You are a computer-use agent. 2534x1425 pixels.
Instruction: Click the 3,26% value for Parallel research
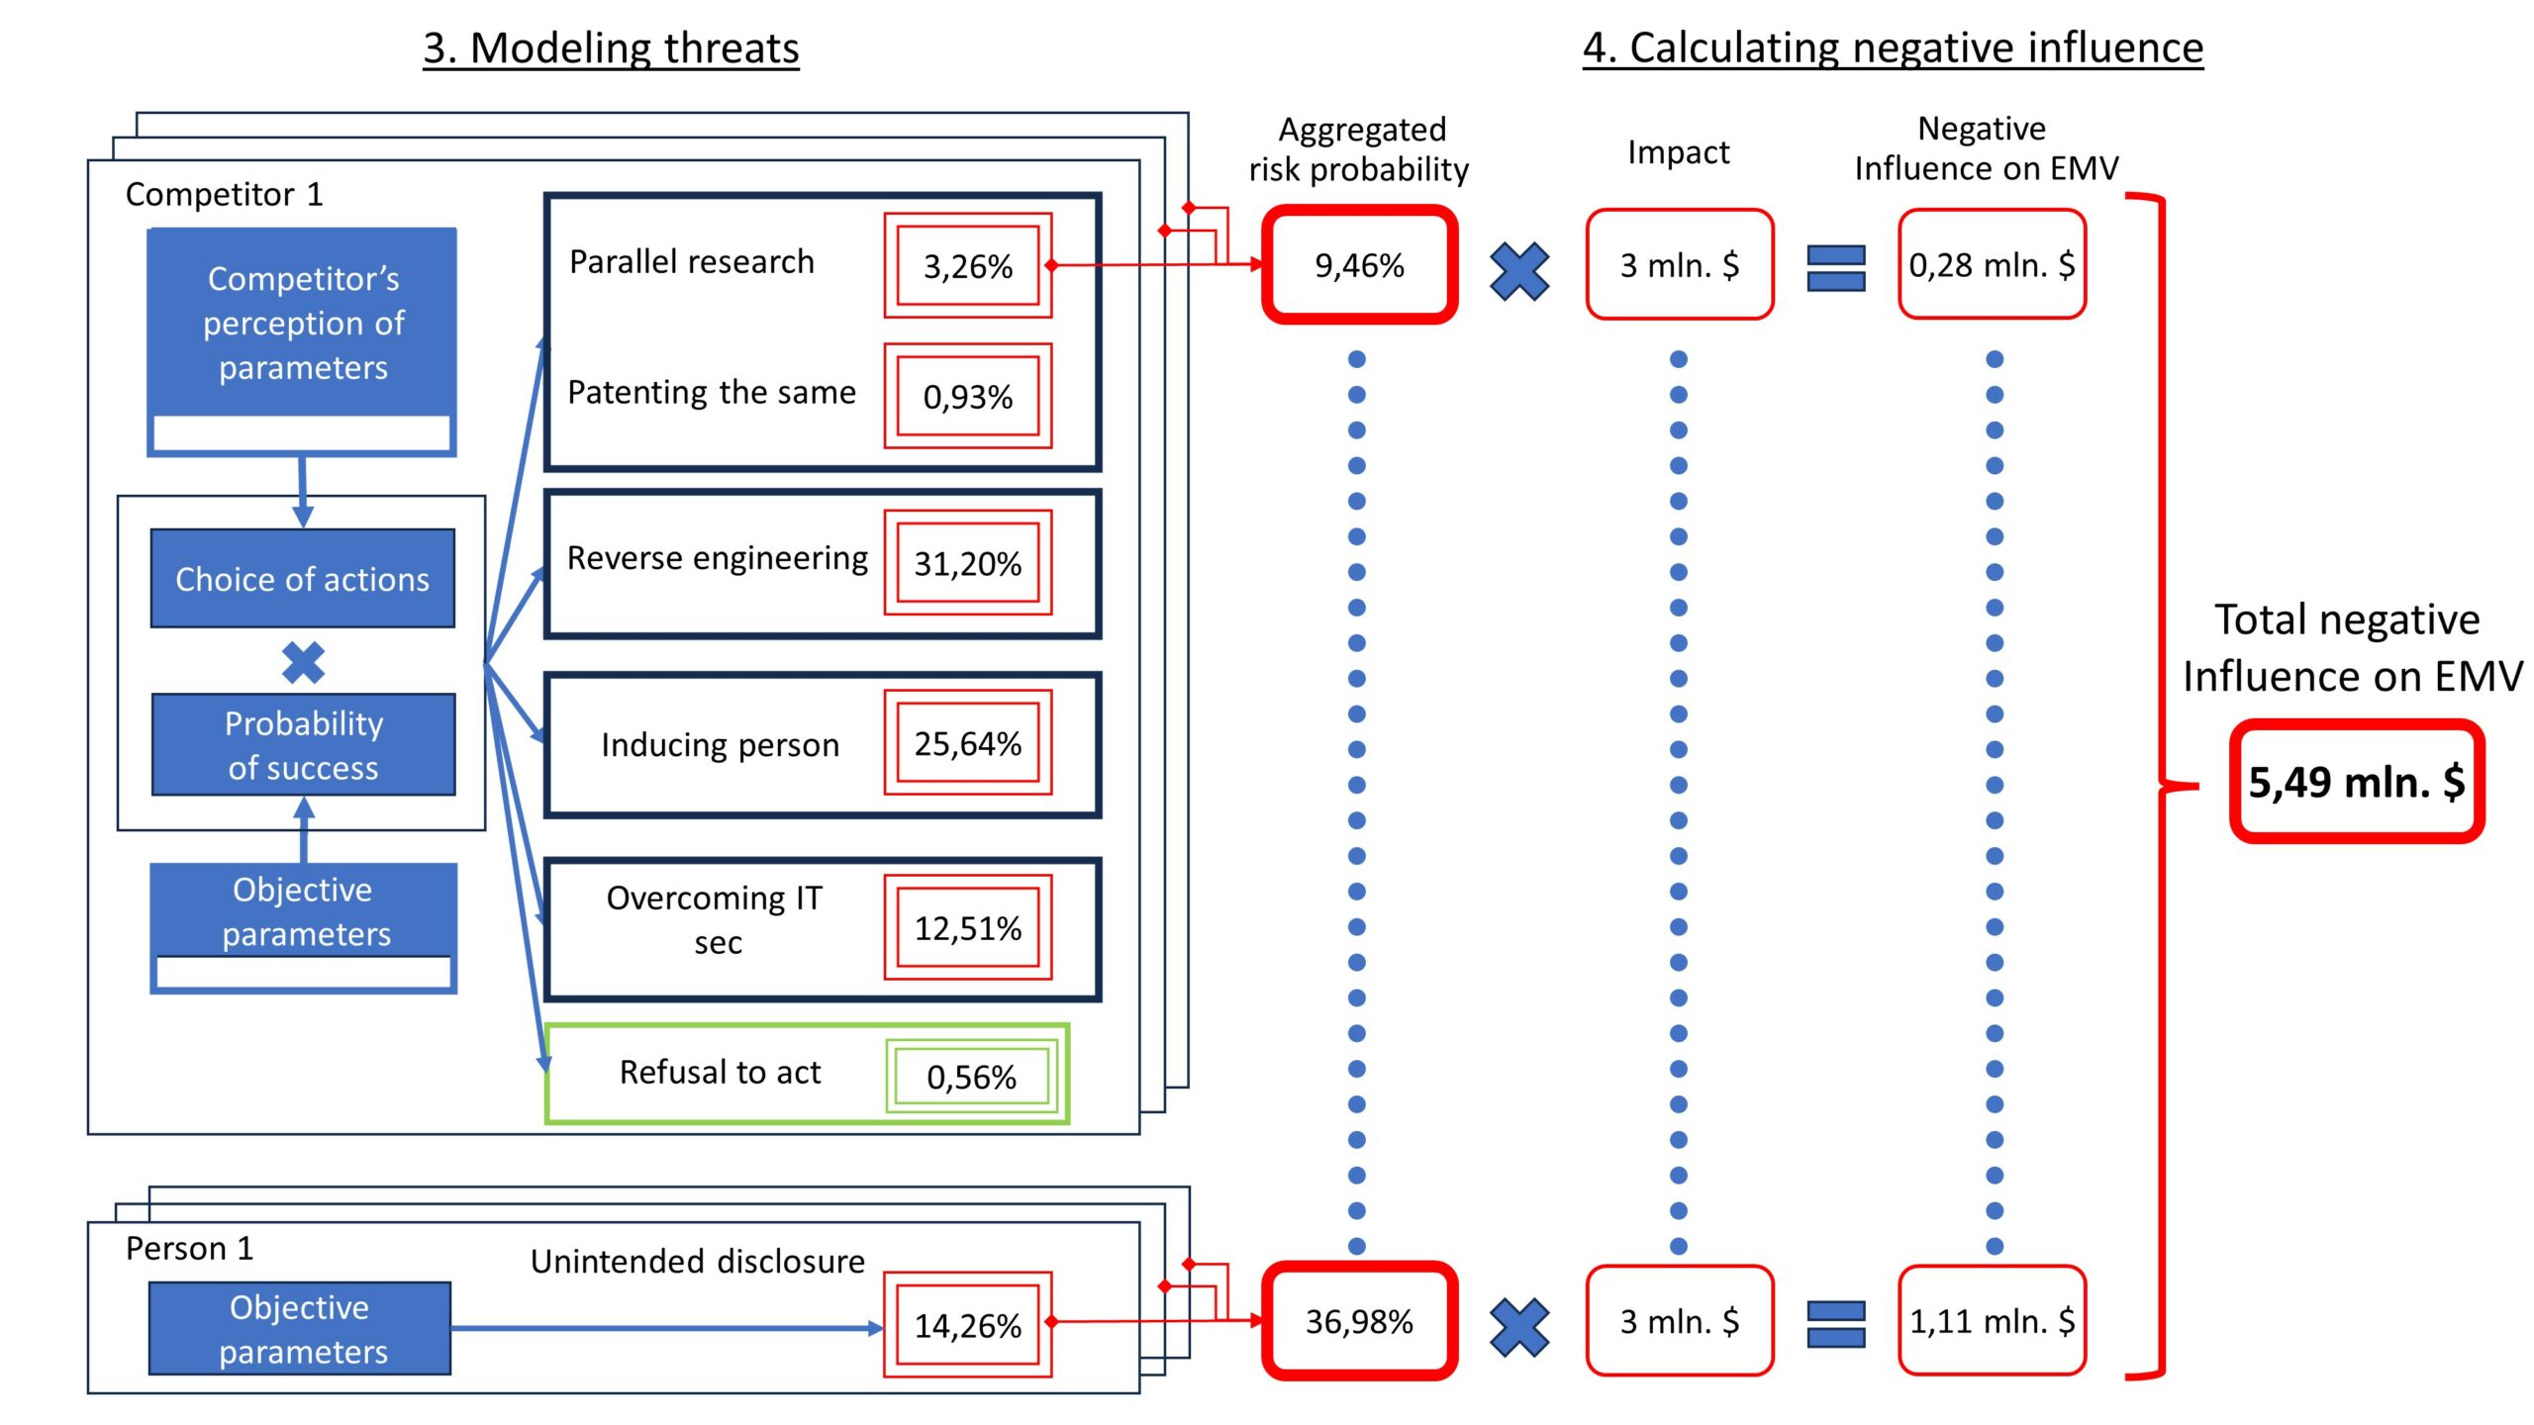pos(967,266)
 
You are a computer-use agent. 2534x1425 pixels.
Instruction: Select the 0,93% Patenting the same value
pos(967,397)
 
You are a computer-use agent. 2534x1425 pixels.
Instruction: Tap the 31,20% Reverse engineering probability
pos(967,563)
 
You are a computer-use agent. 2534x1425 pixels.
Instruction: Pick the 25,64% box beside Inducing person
pos(967,743)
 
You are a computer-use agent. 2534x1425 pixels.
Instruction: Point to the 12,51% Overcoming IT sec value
pos(967,928)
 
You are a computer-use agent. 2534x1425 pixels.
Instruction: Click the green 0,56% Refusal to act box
pos(971,1077)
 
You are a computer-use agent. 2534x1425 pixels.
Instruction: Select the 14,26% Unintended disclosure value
pos(967,1325)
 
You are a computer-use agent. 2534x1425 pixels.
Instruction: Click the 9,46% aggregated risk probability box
pos(1359,265)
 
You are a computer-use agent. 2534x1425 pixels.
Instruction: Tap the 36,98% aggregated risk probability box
pos(1359,1321)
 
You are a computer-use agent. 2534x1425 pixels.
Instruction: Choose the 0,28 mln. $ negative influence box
pos(1992,265)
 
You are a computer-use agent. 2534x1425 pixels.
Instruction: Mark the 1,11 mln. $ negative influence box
pos(1992,1321)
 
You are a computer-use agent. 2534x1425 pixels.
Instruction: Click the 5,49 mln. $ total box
pos(2356,782)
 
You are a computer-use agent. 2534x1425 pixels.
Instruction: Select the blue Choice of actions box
pos(303,579)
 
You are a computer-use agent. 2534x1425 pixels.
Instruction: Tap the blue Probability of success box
pos(303,745)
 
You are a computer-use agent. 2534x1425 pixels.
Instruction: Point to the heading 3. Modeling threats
pos(611,47)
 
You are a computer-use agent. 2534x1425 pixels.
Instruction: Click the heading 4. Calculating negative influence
pos(1892,47)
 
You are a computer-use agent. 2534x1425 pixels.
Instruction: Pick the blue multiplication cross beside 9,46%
pos(1519,271)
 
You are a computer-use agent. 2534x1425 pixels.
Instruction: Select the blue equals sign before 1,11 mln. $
pos(1835,1324)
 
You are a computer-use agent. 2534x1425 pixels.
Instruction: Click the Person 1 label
pos(189,1249)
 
